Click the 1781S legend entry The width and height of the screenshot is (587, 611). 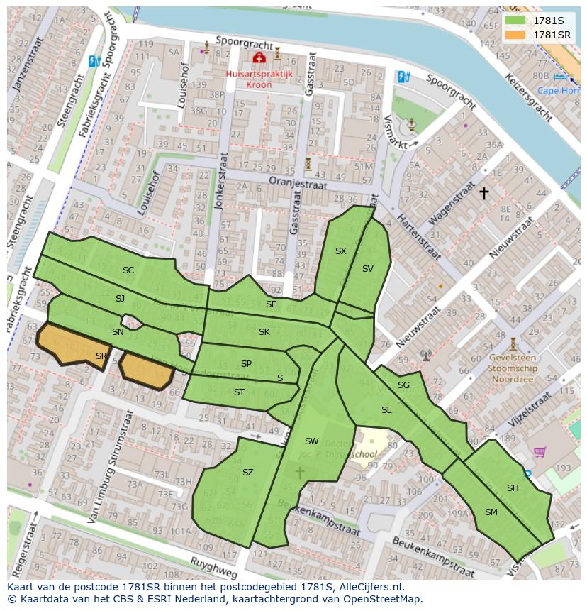(547, 21)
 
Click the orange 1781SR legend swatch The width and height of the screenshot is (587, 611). (515, 35)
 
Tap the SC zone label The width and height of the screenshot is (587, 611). (128, 270)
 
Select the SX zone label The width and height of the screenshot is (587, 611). (341, 251)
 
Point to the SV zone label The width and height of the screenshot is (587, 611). (367, 269)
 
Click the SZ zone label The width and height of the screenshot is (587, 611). (247, 473)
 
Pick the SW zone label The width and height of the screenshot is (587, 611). (311, 441)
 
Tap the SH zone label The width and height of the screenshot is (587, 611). (513, 488)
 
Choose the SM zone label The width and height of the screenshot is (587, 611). (491, 512)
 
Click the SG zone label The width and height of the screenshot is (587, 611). (403, 385)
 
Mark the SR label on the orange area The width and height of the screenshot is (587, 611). (101, 356)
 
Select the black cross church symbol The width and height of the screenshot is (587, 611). (484, 192)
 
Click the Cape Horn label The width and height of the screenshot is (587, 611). (557, 91)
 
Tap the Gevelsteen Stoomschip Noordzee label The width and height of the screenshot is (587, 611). (513, 369)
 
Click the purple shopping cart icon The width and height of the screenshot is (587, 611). (540, 451)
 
